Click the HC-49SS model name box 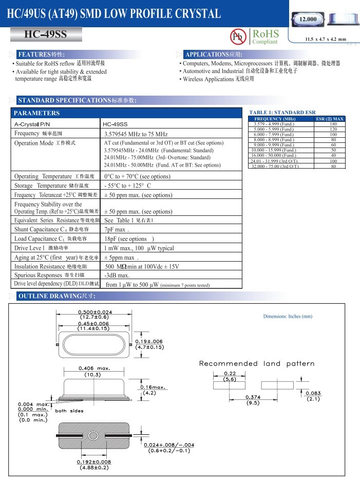pyautogui.click(x=46, y=35)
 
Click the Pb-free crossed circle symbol pyautogui.click(x=238, y=36)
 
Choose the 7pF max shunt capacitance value pyautogui.click(x=116, y=229)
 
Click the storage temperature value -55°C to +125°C pyautogui.click(x=127, y=186)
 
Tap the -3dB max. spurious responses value pyautogui.click(x=117, y=275)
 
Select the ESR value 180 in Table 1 pyautogui.click(x=333, y=124)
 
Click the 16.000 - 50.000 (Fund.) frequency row pyautogui.click(x=273, y=155)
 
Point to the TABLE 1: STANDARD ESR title pyautogui.click(x=282, y=112)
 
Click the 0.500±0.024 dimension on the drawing pyautogui.click(x=95, y=313)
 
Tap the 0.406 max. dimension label pyautogui.click(x=94, y=368)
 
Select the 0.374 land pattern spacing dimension pyautogui.click(x=252, y=397)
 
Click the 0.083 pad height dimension pyautogui.click(x=313, y=393)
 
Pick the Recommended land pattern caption pyautogui.click(x=257, y=363)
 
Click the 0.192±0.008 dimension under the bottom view pyautogui.click(x=94, y=462)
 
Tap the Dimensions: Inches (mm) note pyautogui.click(x=288, y=316)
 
